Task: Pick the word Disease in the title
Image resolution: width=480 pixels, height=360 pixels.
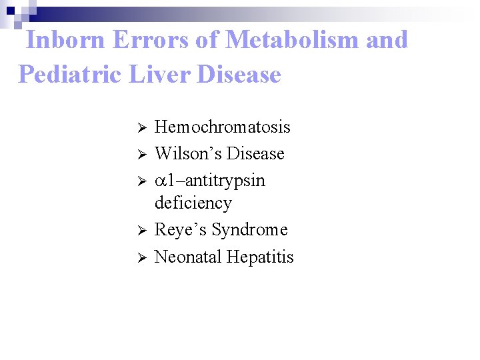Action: (x=239, y=74)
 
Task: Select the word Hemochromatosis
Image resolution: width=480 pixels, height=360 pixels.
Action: (x=223, y=127)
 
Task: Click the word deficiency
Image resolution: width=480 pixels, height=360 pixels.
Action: (x=193, y=203)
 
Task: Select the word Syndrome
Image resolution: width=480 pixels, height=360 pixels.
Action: (x=247, y=230)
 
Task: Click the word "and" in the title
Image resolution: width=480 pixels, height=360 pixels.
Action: (x=387, y=40)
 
